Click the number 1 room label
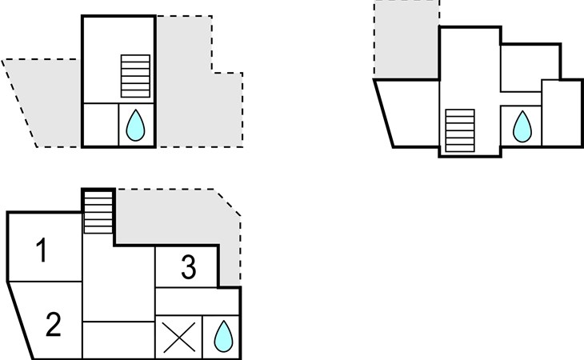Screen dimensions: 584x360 pyautogui.click(x=42, y=250)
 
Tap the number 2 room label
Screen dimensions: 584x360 pyautogui.click(x=54, y=325)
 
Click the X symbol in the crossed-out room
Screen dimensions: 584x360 pyautogui.click(x=179, y=338)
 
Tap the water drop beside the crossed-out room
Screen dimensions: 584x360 pyautogui.click(x=223, y=336)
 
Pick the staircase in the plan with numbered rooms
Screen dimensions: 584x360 pyautogui.click(x=98, y=213)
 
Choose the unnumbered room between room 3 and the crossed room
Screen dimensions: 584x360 pyautogui.click(x=197, y=301)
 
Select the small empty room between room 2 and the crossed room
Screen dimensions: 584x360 pyautogui.click(x=118, y=340)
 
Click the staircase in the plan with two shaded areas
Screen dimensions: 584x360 pyautogui.click(x=135, y=76)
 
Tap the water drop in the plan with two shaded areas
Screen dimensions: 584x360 pyautogui.click(x=135, y=125)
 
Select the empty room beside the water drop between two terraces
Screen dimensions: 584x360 pyautogui.click(x=101, y=125)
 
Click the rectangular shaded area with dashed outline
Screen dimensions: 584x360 pyautogui.click(x=407, y=39)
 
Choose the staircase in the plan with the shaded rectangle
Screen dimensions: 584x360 pyautogui.click(x=460, y=130)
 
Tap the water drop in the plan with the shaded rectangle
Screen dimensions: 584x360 pyautogui.click(x=522, y=126)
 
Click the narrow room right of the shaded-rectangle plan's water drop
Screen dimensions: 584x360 pyautogui.click(x=562, y=113)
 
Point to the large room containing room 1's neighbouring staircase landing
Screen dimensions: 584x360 pyautogui.click(x=118, y=275)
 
